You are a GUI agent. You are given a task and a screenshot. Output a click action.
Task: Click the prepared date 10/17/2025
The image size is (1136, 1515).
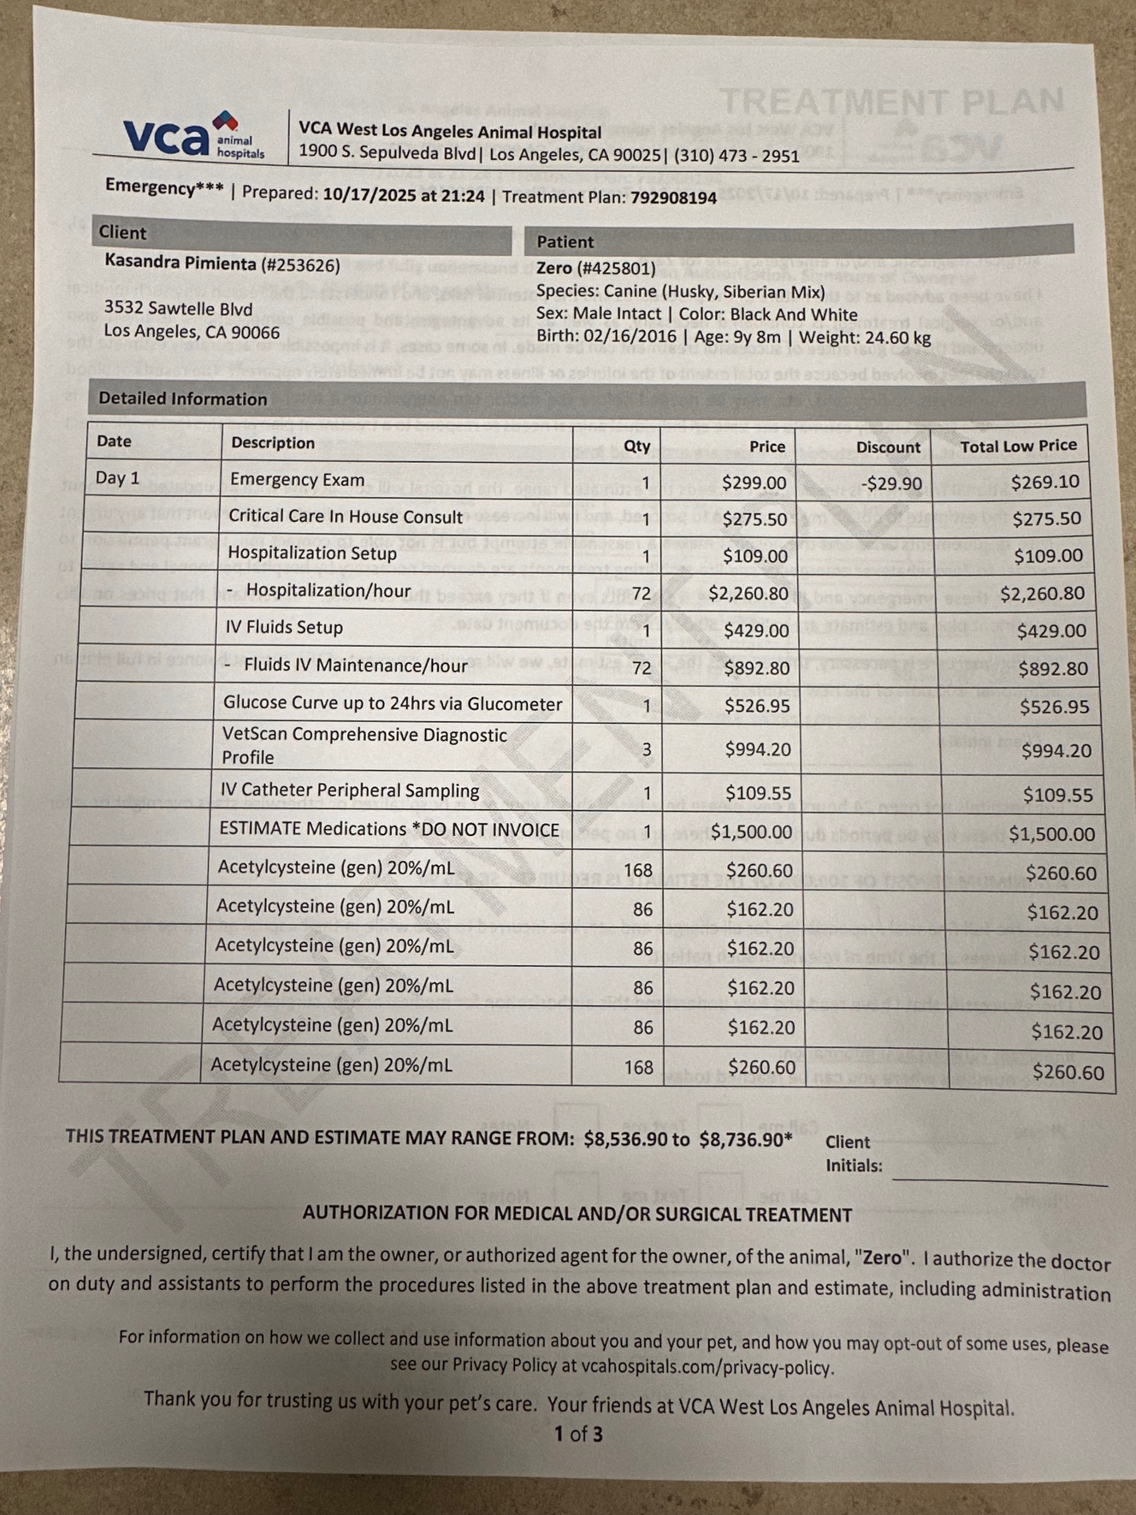369,195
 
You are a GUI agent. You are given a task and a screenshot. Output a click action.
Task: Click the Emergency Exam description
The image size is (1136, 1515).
297,479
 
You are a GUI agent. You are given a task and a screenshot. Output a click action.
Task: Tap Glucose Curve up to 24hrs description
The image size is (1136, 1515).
392,703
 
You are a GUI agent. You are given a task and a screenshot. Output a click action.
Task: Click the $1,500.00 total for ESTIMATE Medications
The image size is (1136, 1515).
1052,833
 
